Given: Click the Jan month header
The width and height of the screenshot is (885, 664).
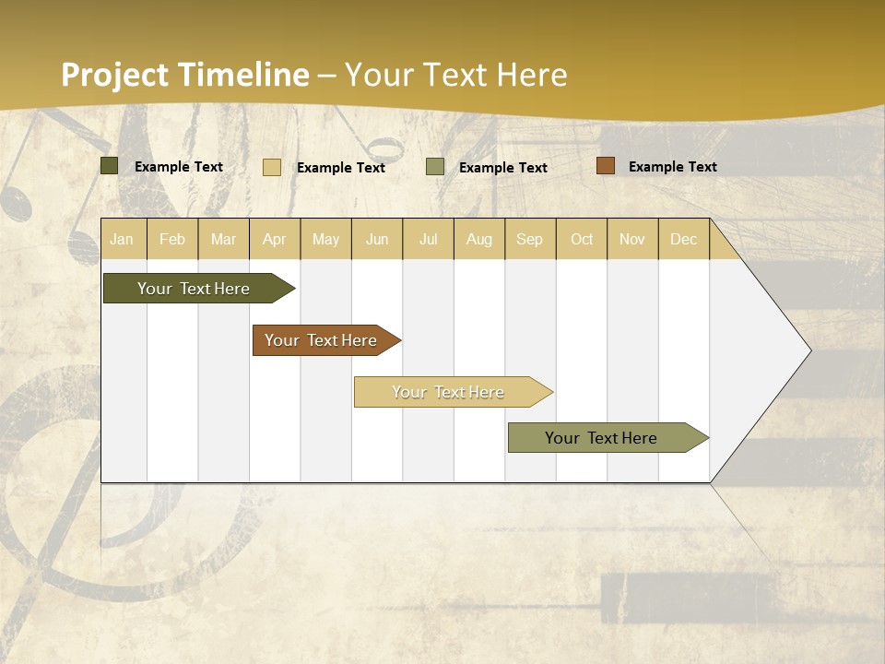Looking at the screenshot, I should pos(122,239).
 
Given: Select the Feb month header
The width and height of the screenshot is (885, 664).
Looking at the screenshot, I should pos(172,239).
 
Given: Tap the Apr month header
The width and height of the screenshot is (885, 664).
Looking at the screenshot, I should pos(274,239).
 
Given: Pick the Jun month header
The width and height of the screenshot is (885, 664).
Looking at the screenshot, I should pos(377,239).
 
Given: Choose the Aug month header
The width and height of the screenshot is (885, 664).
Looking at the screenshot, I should pos(478,239).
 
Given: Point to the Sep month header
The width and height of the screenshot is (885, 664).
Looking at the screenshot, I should pos(529,239).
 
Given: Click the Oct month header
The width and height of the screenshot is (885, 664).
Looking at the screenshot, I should pos(582,239).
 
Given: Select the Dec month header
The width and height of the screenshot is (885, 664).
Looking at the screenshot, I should pos(683,239).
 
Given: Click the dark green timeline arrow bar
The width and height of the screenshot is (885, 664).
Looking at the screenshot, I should pos(195,289).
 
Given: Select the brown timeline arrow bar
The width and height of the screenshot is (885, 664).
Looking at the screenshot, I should pos(322,340).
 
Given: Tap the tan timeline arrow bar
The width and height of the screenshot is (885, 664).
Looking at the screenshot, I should pos(449,392).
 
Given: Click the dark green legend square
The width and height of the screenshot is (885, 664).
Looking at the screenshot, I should pos(110,166).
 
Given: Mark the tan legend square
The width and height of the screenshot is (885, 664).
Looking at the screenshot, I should pos(272,167).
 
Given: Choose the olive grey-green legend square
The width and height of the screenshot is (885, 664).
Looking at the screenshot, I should pos(435,167).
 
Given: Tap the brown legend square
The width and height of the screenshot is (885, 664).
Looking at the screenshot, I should pos(605,166).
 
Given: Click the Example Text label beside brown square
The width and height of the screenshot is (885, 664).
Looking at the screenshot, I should pos(672,167).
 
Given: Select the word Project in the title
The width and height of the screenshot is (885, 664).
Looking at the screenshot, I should pos(115,75).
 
